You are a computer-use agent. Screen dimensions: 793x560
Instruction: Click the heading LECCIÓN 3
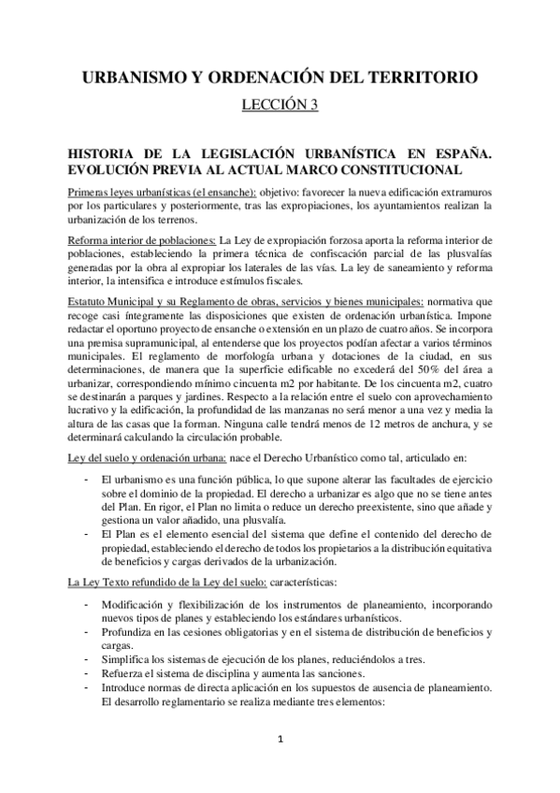[280, 105]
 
